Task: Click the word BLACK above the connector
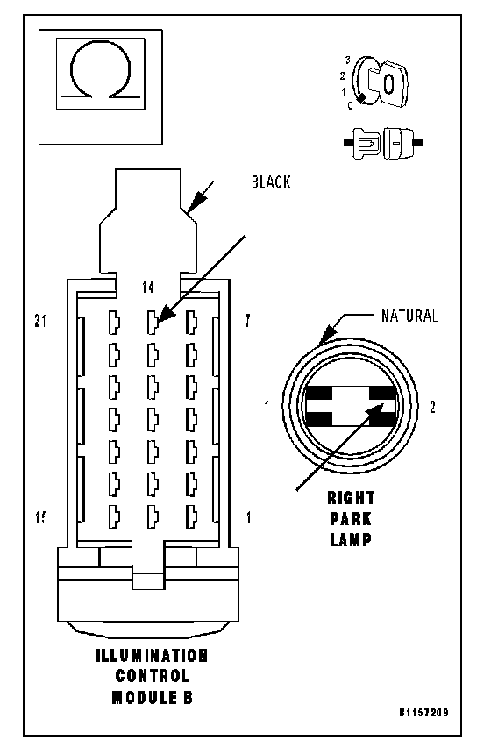[271, 182]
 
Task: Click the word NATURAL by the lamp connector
[409, 316]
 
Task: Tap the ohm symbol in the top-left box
[101, 71]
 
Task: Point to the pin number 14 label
[148, 287]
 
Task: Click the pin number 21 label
[41, 321]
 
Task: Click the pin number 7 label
[247, 321]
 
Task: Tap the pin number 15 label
[41, 518]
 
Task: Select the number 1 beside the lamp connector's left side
[267, 408]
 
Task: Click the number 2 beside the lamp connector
[432, 408]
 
